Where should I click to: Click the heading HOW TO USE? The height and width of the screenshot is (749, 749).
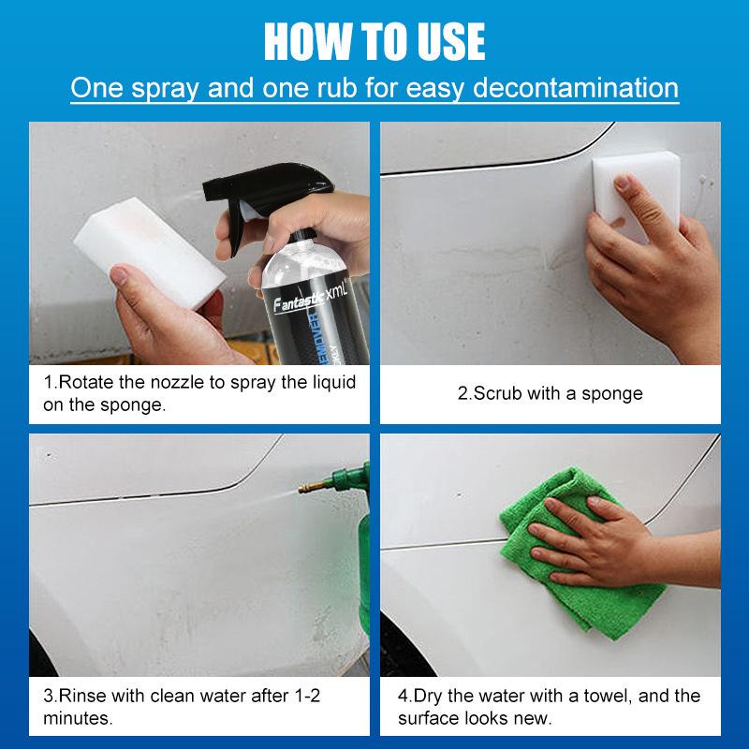click(374, 41)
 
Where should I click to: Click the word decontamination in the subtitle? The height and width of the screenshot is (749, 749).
click(576, 88)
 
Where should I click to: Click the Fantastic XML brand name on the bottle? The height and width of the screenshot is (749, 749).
click(310, 298)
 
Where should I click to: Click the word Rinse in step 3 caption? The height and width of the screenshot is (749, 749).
click(82, 696)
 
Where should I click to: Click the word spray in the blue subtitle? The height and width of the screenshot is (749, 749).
click(166, 89)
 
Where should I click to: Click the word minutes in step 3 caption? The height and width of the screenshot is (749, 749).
click(78, 718)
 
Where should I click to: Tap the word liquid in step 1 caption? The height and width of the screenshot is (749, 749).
click(334, 382)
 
